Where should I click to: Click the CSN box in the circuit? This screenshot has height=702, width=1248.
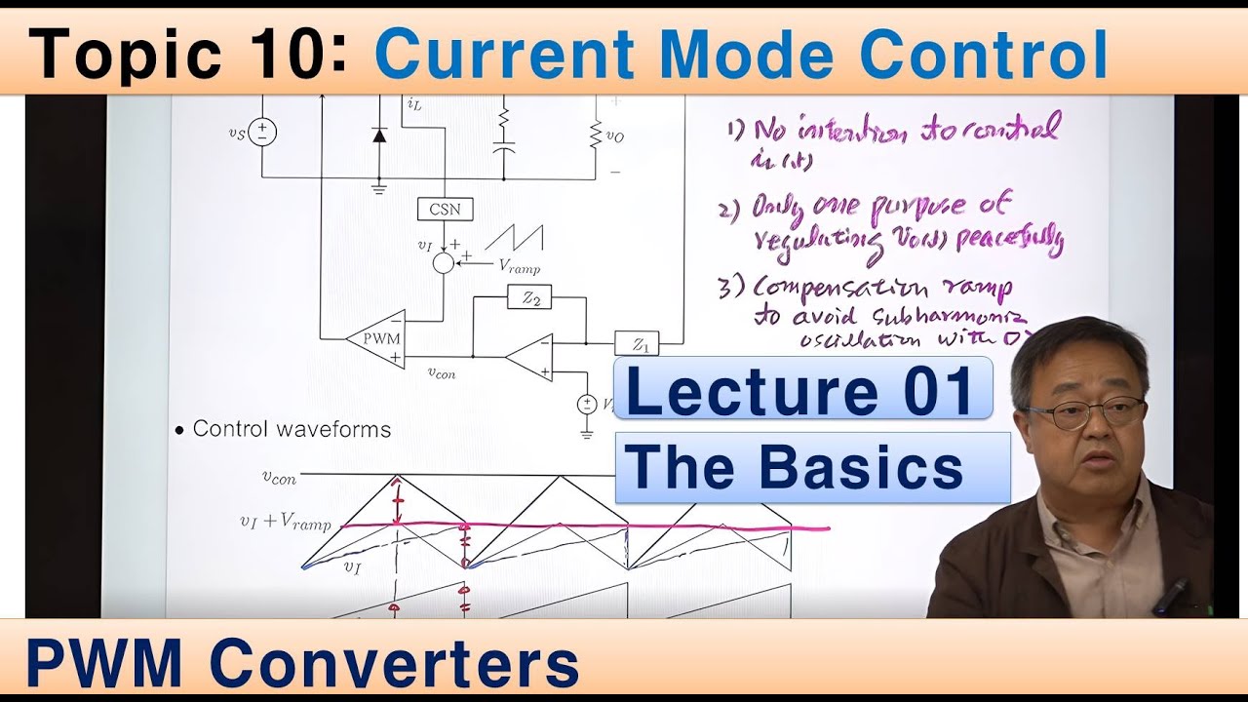click(x=445, y=209)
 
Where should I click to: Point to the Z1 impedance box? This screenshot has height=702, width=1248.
click(x=638, y=344)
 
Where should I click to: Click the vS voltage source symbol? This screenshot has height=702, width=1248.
click(x=261, y=132)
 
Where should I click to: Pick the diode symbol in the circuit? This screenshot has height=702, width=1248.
click(x=378, y=135)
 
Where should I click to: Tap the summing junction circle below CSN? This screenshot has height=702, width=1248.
click(x=444, y=261)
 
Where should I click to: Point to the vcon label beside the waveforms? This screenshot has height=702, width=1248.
click(x=279, y=477)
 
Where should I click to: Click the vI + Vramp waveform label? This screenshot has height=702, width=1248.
click(x=285, y=523)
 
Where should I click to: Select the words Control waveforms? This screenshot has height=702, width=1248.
click(x=292, y=429)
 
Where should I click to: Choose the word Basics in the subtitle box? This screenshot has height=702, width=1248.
click(x=861, y=468)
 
